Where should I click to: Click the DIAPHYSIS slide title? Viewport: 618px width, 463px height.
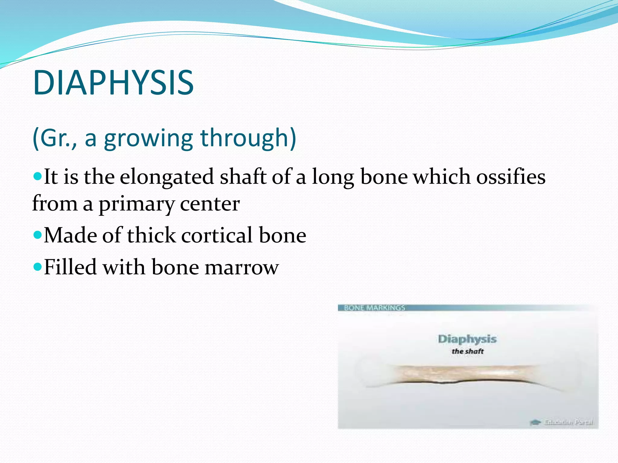(x=113, y=83)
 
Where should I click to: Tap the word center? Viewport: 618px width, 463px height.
(x=210, y=204)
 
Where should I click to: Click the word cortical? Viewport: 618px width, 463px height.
(x=217, y=235)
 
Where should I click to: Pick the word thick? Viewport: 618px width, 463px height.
(x=151, y=235)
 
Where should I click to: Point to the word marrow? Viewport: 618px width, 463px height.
(x=241, y=268)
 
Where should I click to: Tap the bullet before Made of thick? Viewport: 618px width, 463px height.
(x=37, y=234)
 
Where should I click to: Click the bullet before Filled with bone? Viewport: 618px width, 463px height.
(x=37, y=266)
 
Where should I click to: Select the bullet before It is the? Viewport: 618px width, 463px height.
(x=37, y=175)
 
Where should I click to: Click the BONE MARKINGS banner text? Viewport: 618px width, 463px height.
(x=374, y=308)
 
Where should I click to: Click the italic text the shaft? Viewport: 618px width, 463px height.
(x=467, y=351)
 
